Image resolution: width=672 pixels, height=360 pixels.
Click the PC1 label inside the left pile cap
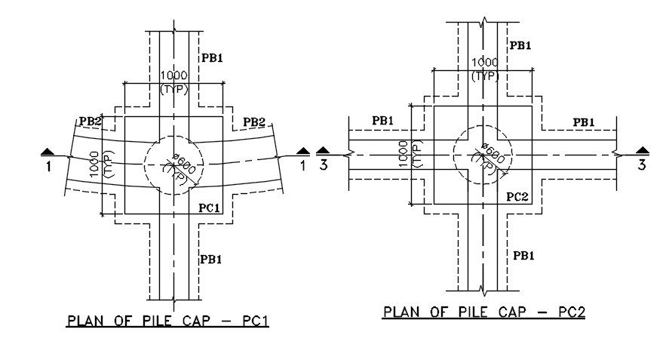[x=208, y=208]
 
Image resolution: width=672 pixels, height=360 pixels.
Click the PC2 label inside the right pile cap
[x=517, y=197]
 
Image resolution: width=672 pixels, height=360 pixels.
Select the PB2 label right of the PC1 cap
[x=253, y=122]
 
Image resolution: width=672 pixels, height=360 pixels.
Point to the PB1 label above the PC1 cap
[x=212, y=57]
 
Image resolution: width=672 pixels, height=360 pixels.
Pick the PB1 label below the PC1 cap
[x=211, y=259]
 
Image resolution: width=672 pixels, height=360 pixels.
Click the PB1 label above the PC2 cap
[x=520, y=45]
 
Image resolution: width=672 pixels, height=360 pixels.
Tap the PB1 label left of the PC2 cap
[x=382, y=121]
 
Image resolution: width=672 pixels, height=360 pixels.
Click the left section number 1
[x=48, y=166]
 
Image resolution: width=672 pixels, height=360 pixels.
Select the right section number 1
[x=303, y=165]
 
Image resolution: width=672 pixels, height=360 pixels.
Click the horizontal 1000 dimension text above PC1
[x=173, y=76]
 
